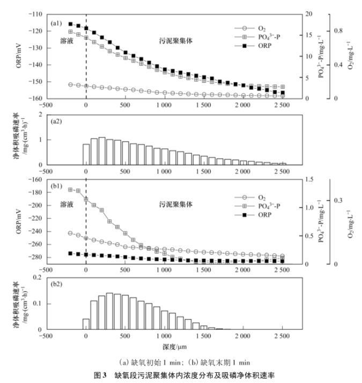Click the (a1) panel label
[57, 24]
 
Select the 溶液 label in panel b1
[65, 204]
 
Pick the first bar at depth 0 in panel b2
[86, 324]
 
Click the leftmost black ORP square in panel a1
[70, 24]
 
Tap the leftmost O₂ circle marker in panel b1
[70, 233]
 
